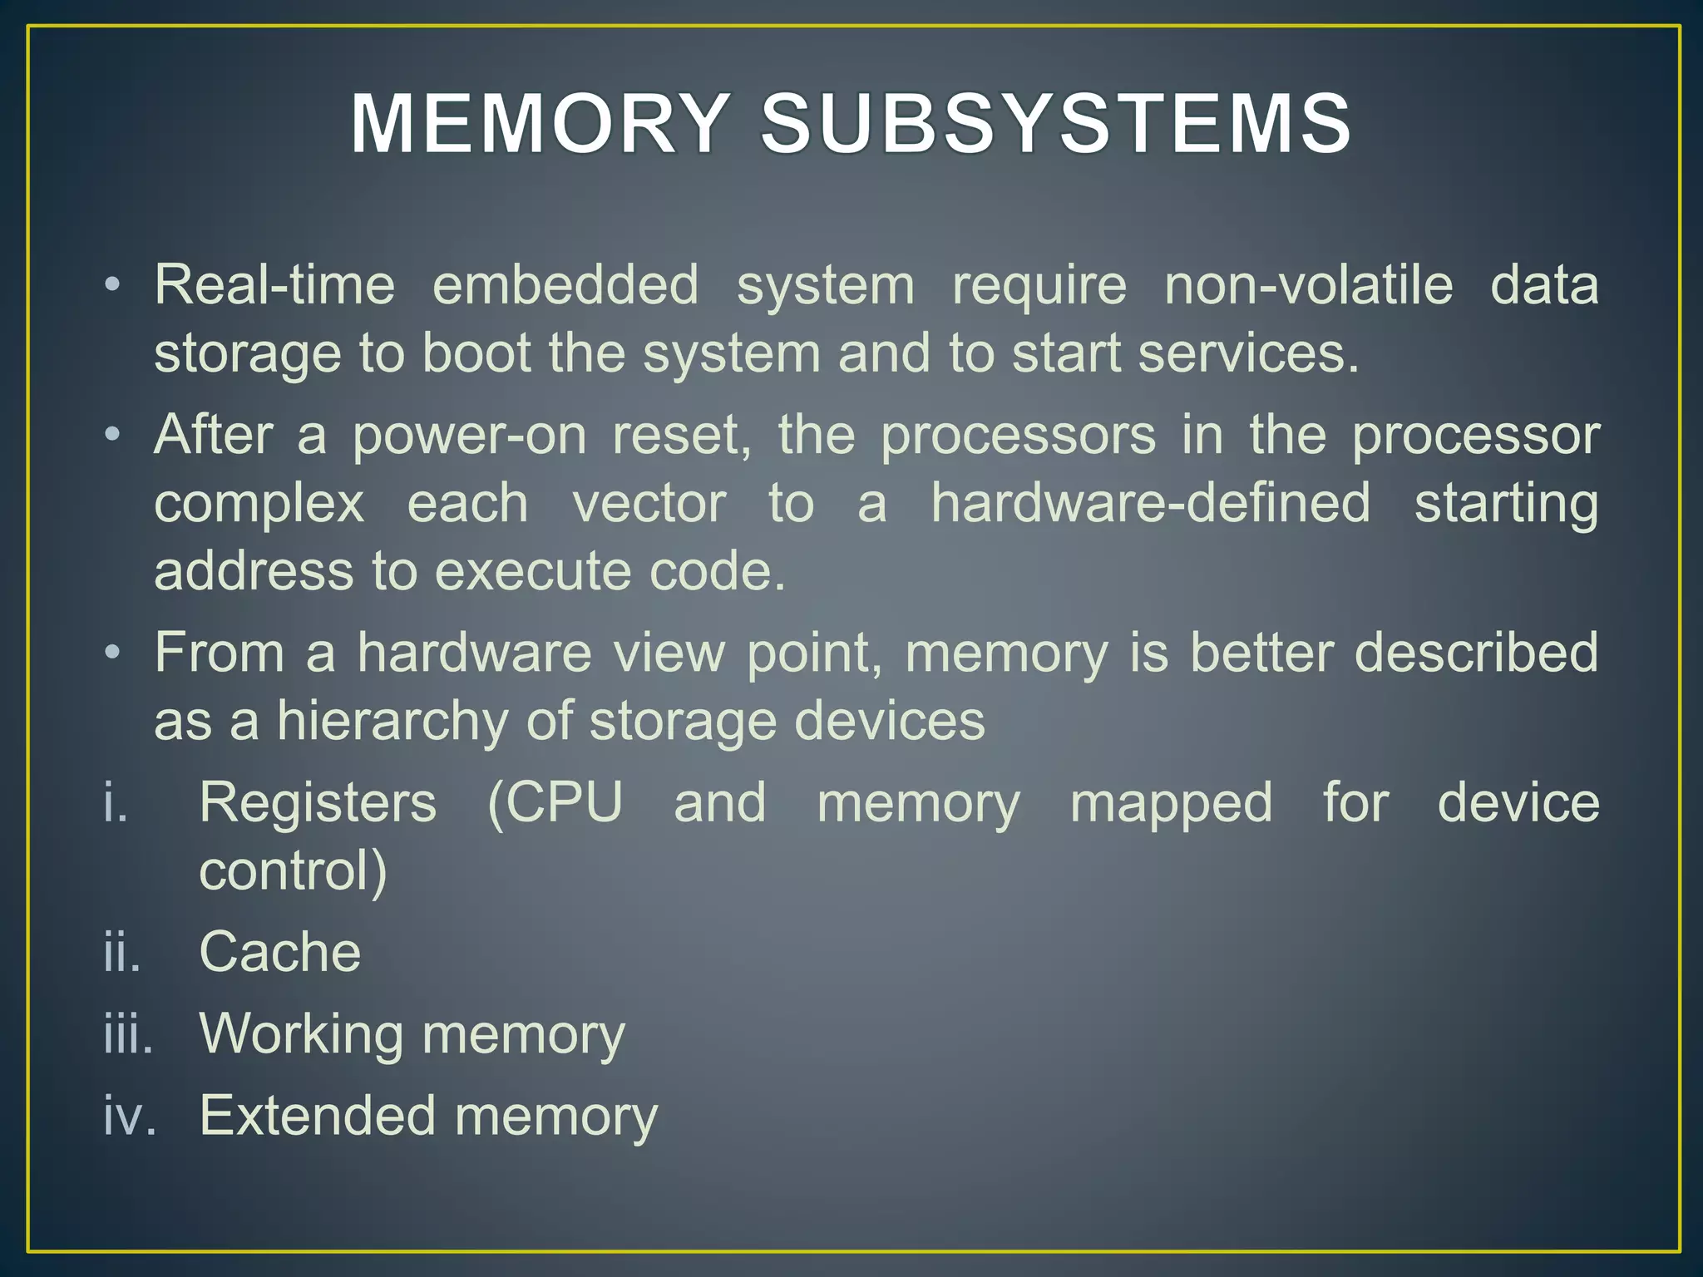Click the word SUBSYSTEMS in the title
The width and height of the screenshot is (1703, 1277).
1057,125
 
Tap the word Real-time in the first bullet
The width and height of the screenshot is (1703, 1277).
274,285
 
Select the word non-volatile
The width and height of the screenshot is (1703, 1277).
1308,285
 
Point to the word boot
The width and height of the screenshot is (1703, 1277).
476,353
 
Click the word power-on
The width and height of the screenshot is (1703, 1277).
469,435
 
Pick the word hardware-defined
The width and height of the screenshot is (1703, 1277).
1150,503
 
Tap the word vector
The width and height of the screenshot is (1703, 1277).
649,503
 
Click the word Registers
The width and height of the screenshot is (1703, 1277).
318,803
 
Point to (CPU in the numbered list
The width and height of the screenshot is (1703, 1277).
555,803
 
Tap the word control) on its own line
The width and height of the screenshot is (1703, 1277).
293,870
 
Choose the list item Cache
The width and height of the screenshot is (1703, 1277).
280,952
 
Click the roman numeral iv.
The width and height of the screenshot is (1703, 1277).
129,1116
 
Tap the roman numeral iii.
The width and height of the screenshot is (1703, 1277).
128,1035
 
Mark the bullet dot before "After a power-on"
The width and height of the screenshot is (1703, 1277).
112,435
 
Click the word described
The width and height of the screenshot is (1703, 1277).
1476,652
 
